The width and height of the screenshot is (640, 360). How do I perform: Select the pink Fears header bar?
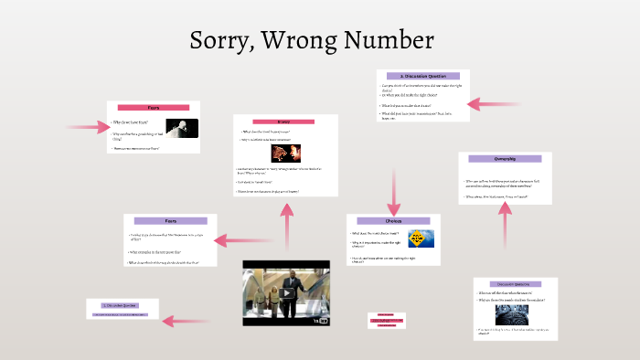point(154,108)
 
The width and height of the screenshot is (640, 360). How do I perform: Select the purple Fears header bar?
point(170,220)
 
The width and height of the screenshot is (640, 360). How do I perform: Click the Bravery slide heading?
point(284,122)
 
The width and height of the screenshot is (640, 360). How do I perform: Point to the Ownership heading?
point(505,159)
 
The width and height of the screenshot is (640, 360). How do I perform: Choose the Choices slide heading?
point(393,221)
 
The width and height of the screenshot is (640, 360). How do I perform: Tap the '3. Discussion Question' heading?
point(421,76)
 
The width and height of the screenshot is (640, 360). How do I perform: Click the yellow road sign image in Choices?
point(421,239)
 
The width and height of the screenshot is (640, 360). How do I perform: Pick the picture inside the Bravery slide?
point(284,153)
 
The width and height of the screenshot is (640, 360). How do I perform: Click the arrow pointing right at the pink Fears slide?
point(87,126)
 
